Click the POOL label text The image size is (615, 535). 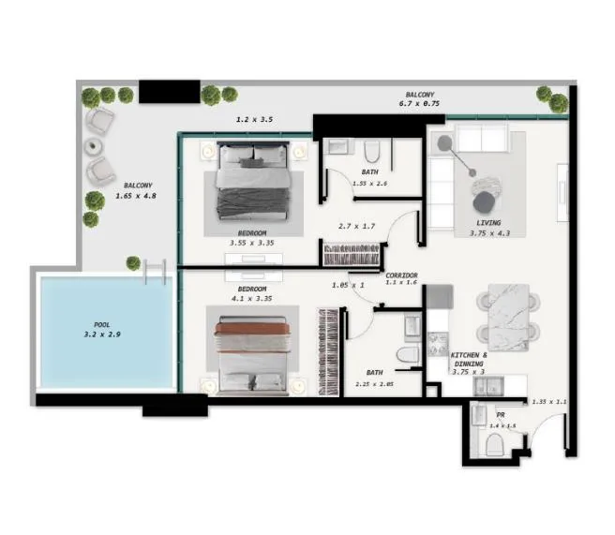click(x=102, y=325)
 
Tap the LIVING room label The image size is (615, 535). click(x=488, y=223)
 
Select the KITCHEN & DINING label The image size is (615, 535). click(x=468, y=361)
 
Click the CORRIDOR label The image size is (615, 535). click(x=401, y=275)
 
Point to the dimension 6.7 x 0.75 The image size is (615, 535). click(x=418, y=105)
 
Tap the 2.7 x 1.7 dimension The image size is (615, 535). click(x=355, y=227)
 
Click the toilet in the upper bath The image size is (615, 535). click(x=372, y=152)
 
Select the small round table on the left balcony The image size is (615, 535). click(x=93, y=146)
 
